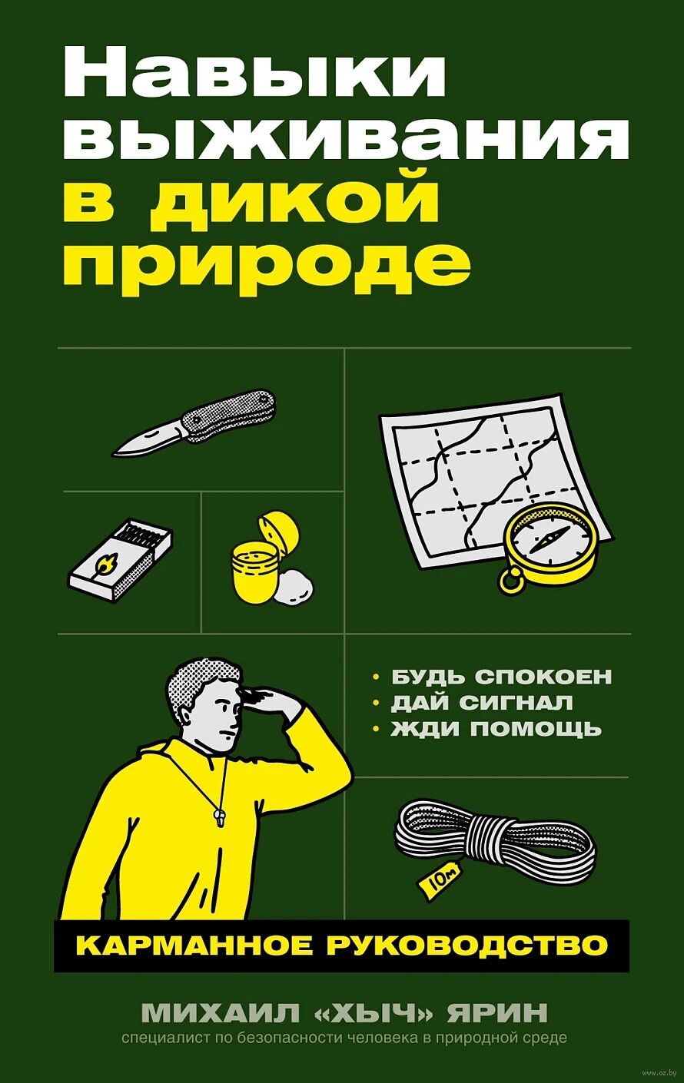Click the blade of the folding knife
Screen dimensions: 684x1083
click(x=148, y=440)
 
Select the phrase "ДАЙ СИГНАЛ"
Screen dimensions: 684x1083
click(x=482, y=703)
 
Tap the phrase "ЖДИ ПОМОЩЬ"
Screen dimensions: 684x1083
click(x=496, y=729)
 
